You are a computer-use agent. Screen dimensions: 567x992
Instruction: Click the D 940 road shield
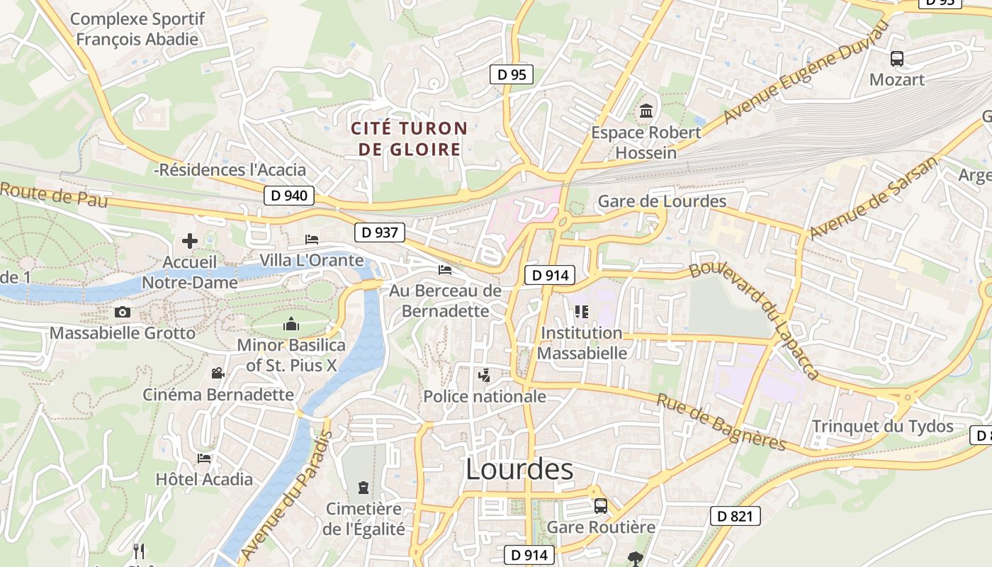289,196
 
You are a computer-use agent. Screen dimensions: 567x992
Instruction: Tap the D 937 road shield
379,232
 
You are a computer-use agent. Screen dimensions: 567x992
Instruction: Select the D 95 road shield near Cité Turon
511,74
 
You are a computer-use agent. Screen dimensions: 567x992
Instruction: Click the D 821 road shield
735,516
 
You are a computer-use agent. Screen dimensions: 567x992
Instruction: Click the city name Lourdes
519,469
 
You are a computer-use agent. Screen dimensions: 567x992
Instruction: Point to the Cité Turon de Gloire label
410,139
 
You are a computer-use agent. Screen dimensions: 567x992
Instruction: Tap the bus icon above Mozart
897,59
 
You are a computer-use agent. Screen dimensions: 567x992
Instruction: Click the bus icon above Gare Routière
600,506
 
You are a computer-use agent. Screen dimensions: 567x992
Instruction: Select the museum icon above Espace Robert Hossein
646,111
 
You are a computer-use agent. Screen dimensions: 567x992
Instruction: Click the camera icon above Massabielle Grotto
123,312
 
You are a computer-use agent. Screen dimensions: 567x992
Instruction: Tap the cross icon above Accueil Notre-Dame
190,241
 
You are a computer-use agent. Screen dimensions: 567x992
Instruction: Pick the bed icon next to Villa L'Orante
311,240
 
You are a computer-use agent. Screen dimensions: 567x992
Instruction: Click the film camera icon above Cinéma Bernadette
218,374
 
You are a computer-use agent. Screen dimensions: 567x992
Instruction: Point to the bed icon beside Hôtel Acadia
204,459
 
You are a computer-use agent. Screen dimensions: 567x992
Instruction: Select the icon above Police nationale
485,376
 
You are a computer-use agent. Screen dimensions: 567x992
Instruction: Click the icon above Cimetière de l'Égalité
363,488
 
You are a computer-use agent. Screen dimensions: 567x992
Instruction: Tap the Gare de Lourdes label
662,201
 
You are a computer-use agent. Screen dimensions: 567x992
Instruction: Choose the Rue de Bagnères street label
721,422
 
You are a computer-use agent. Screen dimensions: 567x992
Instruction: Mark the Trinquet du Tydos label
882,427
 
